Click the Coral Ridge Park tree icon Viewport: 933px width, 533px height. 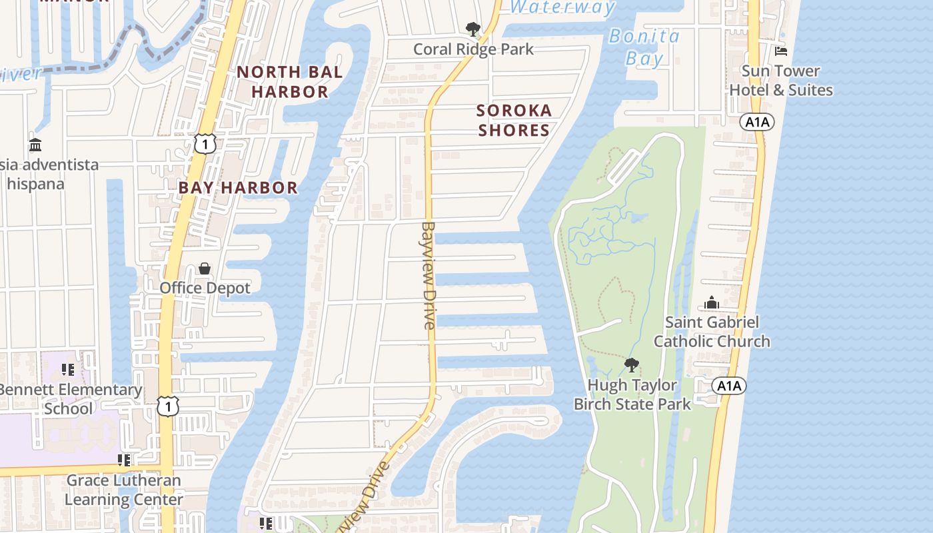472,29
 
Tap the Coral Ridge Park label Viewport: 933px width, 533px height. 473,49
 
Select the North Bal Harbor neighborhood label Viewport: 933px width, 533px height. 290,82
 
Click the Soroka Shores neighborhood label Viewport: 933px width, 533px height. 514,120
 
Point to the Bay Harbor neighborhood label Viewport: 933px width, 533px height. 238,188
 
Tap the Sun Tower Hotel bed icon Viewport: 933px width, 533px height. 781,51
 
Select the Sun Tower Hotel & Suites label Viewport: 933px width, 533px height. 781,81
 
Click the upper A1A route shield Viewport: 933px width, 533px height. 757,122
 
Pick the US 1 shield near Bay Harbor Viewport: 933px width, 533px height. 205,143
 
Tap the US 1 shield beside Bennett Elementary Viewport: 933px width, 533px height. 168,406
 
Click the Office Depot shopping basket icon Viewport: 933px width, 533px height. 205,268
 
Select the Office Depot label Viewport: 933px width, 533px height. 205,288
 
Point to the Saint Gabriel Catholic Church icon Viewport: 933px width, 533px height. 712,303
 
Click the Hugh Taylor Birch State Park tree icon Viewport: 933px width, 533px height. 631,365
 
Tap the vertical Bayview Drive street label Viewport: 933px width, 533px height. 428,275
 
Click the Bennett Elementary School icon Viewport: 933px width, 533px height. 67,370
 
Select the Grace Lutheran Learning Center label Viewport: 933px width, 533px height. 123,490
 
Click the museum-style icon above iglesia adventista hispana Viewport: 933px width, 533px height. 35,145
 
